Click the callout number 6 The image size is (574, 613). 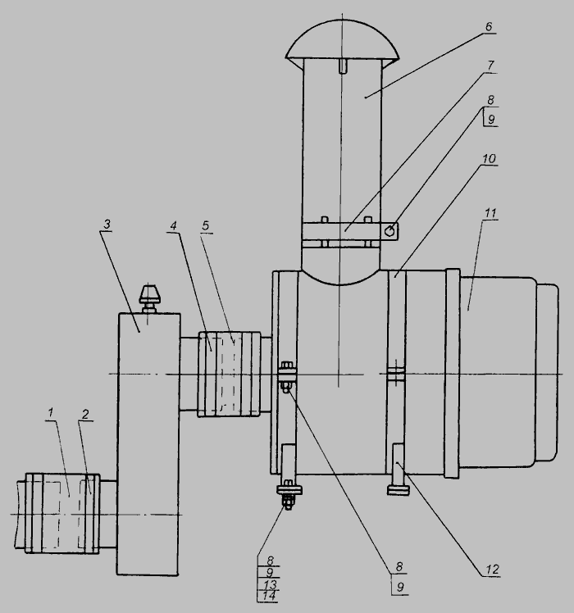click(x=489, y=26)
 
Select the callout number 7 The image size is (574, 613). click(x=490, y=66)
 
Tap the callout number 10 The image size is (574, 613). click(x=489, y=159)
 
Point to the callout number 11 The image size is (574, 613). click(x=490, y=213)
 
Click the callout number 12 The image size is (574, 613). click(x=493, y=570)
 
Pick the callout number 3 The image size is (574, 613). click(x=107, y=225)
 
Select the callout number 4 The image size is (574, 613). click(x=173, y=225)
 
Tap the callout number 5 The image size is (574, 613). click(x=206, y=225)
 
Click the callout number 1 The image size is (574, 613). click(x=50, y=412)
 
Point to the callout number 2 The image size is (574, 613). click(x=85, y=414)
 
